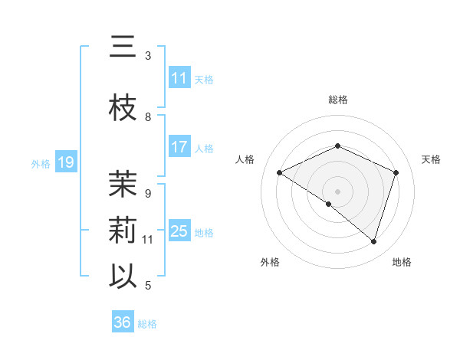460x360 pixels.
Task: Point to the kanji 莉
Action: [x=123, y=231]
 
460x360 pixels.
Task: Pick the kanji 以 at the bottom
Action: [x=123, y=276]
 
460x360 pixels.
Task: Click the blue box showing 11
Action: [x=179, y=78]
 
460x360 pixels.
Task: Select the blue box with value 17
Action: [x=179, y=147]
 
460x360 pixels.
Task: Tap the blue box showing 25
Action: [x=179, y=231]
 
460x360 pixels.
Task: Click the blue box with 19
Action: [x=65, y=162]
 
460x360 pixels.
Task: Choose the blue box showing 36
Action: [x=122, y=322]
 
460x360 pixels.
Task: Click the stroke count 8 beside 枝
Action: [x=148, y=117]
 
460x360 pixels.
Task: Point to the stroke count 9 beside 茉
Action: [x=148, y=194]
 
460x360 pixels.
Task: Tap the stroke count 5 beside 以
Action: [x=148, y=286]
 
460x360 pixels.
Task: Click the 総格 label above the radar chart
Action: [x=338, y=100]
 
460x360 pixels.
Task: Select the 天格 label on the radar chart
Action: [x=432, y=159]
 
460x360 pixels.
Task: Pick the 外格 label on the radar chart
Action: [x=270, y=262]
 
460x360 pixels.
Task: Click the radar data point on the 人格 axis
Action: [x=279, y=173]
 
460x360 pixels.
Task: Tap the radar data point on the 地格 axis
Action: [x=373, y=242]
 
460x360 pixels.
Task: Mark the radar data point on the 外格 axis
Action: [x=329, y=205]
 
